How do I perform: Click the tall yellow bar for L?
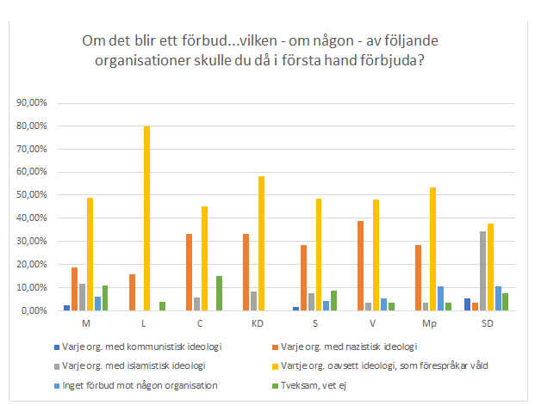click(x=146, y=218)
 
